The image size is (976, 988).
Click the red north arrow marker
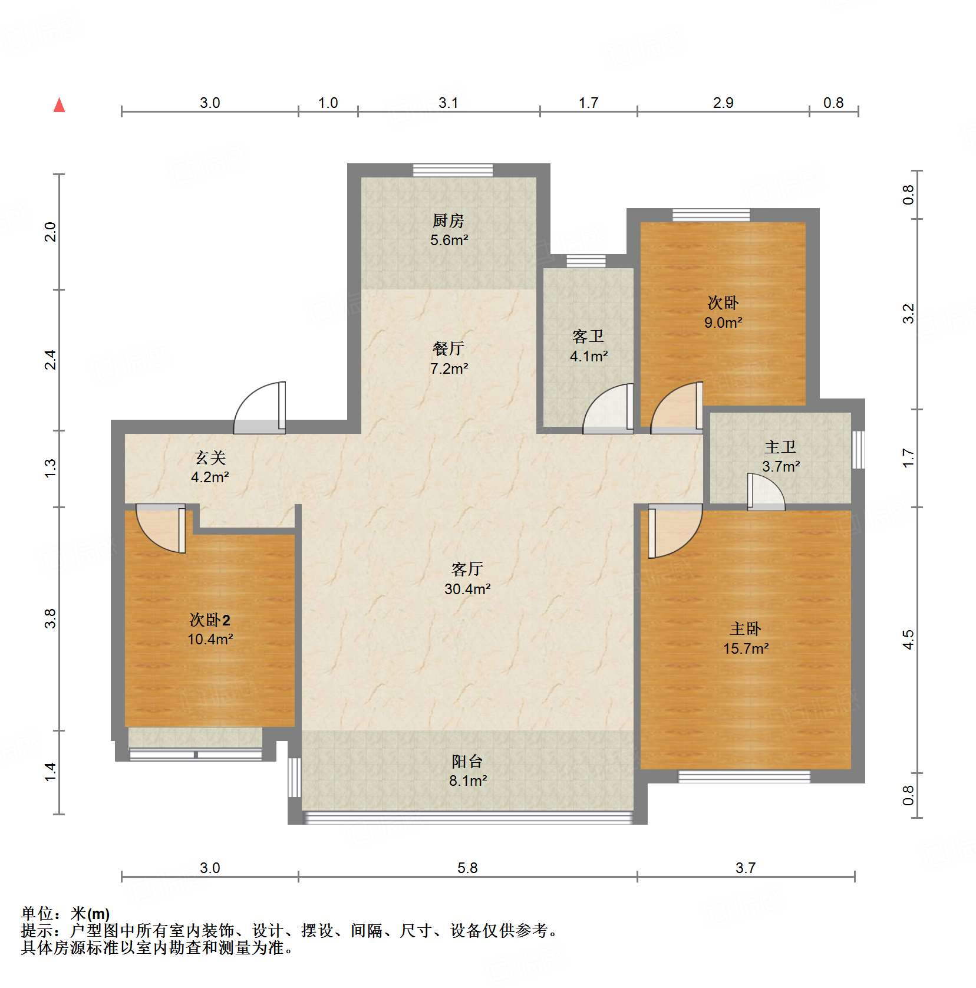59,105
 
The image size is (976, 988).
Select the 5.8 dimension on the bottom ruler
467,868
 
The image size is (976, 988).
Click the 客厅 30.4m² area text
467,579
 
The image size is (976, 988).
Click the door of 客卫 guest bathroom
609,409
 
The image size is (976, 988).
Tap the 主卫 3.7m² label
780,457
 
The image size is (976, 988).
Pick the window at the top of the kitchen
453,170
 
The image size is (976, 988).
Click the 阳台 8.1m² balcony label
467,770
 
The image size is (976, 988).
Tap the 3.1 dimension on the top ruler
448,103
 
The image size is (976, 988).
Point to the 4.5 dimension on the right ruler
908,640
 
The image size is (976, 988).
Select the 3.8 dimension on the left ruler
51,618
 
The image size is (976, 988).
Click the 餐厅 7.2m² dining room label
449,358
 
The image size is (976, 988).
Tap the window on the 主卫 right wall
859,449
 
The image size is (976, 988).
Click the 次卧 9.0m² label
723,312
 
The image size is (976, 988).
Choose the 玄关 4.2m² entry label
210,467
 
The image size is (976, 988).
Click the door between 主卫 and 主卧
766,492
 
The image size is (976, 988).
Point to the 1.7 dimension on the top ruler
588,103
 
